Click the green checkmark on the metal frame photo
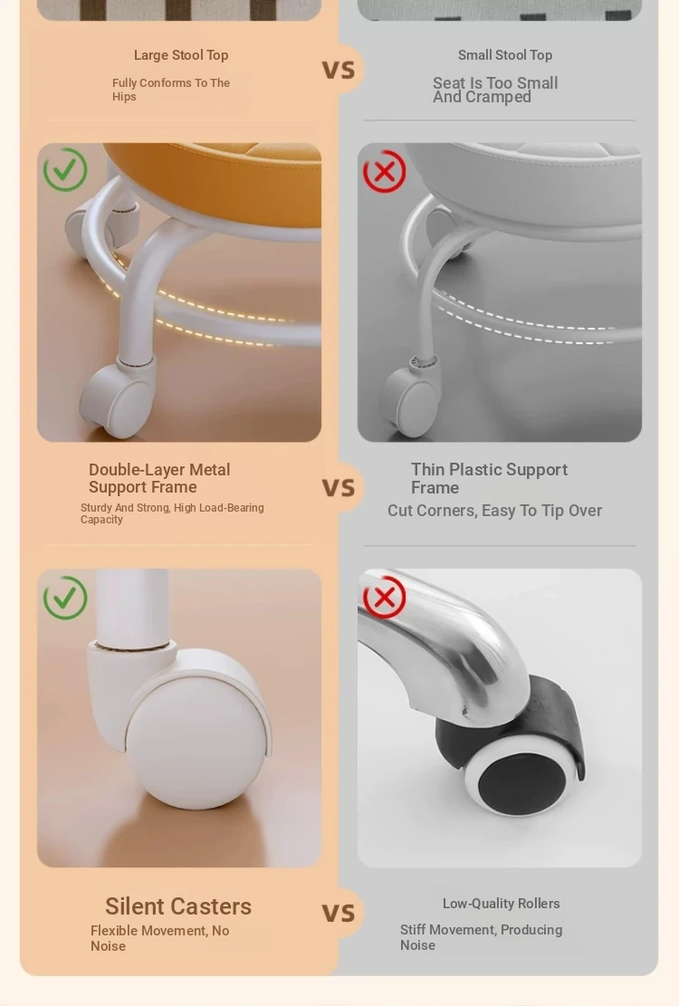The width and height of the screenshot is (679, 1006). [x=65, y=169]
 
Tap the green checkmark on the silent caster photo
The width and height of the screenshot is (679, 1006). [x=65, y=598]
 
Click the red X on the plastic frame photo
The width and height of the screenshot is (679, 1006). [x=384, y=171]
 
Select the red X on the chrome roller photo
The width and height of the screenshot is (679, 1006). [x=384, y=598]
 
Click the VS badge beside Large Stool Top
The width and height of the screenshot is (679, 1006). [x=339, y=70]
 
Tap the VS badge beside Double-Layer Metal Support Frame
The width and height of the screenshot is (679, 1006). [x=339, y=487]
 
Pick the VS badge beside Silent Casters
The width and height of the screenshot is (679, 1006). [x=339, y=913]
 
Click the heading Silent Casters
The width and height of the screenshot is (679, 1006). [x=178, y=906]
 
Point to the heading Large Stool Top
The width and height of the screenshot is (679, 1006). [x=181, y=55]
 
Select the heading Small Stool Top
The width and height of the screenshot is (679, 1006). [x=505, y=55]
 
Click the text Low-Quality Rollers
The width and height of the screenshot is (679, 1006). [x=502, y=904]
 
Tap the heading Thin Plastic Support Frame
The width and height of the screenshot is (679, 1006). [x=489, y=479]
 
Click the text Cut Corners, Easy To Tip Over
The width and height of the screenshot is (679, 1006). [x=494, y=511]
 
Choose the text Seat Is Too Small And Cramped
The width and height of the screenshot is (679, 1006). [x=495, y=90]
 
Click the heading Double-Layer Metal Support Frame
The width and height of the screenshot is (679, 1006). [x=159, y=479]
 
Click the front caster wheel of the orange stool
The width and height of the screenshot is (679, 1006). [x=118, y=401]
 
